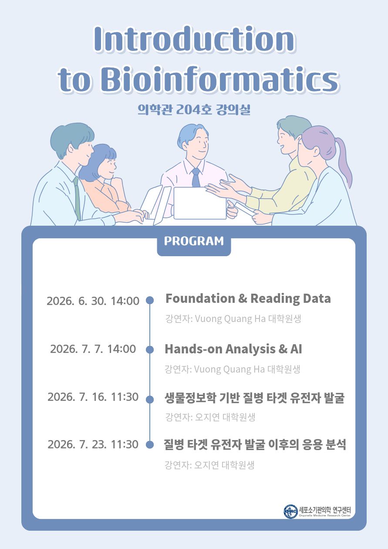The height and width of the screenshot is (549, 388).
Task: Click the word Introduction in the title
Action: [x=195, y=39]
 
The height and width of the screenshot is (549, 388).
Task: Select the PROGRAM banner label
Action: [x=194, y=241]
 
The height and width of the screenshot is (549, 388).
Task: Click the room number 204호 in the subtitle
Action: [x=193, y=109]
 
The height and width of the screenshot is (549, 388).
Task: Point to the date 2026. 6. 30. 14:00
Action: [x=93, y=301]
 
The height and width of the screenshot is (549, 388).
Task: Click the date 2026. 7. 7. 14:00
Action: [x=93, y=349]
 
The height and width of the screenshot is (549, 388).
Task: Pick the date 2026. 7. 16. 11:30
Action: [x=93, y=397]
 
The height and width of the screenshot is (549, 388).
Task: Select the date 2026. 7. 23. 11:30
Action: [x=93, y=444]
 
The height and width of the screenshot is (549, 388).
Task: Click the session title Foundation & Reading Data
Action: [x=248, y=298]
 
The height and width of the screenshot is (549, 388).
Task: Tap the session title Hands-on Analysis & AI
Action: [x=233, y=349]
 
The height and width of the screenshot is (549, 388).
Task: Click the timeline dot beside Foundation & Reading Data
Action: [x=150, y=300]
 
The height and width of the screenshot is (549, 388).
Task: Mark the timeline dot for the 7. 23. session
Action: [x=150, y=444]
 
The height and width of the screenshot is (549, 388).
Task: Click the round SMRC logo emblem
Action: [x=290, y=512]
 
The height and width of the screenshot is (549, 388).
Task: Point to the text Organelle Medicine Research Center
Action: [x=324, y=516]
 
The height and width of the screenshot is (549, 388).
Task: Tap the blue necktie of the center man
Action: [x=196, y=177]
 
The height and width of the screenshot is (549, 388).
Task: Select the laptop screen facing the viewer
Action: [x=200, y=203]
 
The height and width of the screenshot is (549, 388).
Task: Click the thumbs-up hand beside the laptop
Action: [x=232, y=209]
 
